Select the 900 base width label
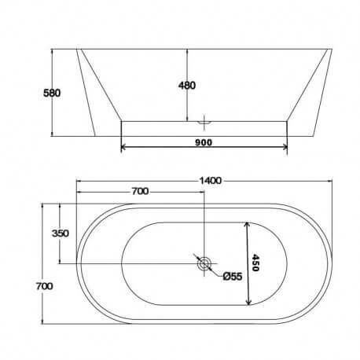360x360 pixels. click(204, 143)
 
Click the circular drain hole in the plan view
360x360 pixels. click(204, 263)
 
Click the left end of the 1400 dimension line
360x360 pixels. click(78, 182)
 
